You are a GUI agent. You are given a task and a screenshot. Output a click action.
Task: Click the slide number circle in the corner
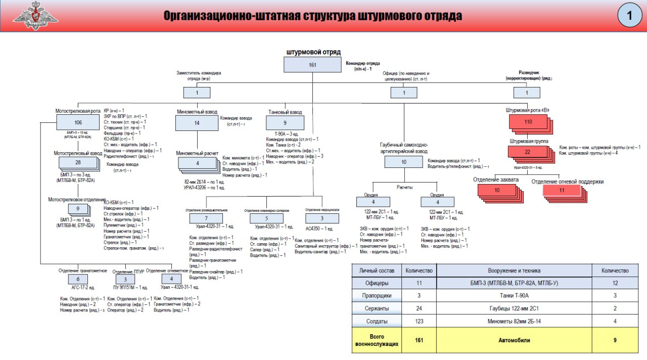point(630,16)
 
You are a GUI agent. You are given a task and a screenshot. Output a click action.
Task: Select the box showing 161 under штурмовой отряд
point(312,65)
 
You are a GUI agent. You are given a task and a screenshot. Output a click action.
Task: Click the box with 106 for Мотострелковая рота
point(78,122)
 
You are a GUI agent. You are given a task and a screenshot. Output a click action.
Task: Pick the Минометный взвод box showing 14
point(197,123)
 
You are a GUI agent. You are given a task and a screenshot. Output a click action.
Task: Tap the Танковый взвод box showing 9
point(285,123)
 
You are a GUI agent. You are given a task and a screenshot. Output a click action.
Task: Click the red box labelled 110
point(528,122)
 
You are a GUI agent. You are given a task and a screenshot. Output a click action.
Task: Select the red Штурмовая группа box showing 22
point(527,152)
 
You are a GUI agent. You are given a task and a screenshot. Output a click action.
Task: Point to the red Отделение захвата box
point(497,190)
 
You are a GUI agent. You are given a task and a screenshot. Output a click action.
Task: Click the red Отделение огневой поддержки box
point(562,190)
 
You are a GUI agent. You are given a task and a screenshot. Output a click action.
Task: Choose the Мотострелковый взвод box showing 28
point(78,162)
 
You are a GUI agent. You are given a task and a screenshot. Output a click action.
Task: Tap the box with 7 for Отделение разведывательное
point(206,218)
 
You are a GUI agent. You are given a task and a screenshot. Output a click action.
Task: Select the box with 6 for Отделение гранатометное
point(78,279)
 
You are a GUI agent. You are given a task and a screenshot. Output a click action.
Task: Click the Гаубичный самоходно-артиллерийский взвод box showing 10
point(403,162)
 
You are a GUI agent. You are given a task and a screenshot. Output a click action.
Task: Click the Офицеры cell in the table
point(377,283)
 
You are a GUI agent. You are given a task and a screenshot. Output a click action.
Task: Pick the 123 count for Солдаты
point(419,322)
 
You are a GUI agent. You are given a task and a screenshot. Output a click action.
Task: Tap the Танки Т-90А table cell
point(514,296)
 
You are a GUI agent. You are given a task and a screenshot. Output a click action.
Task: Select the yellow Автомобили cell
point(514,340)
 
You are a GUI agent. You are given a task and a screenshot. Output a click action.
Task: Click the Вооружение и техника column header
point(514,271)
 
